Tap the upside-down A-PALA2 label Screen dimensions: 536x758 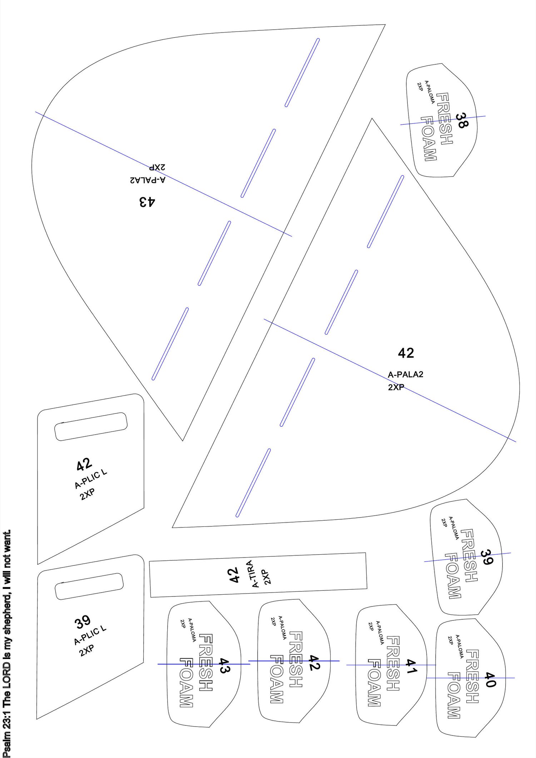pyautogui.click(x=148, y=180)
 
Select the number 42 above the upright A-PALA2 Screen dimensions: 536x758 pyautogui.click(x=406, y=353)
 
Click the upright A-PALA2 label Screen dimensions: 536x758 pyautogui.click(x=406, y=375)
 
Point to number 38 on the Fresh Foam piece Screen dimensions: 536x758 pyautogui.click(x=461, y=120)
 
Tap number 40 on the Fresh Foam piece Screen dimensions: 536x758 pyautogui.click(x=490, y=679)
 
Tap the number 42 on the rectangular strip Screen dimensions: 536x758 pyautogui.click(x=233, y=575)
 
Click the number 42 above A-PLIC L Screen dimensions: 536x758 pyautogui.click(x=84, y=465)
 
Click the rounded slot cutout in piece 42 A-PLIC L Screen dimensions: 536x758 pyautogui.click(x=91, y=427)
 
